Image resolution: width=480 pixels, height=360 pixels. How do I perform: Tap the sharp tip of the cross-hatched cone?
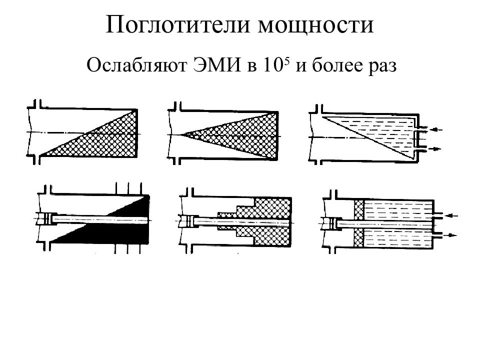point(180,134)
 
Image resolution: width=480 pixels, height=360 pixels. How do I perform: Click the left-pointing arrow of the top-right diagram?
point(436,129)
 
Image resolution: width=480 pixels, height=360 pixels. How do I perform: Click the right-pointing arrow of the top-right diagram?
point(435,149)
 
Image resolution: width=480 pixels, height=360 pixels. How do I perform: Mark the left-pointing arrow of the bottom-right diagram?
point(451,216)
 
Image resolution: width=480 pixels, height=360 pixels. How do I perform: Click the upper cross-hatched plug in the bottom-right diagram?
point(359,210)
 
